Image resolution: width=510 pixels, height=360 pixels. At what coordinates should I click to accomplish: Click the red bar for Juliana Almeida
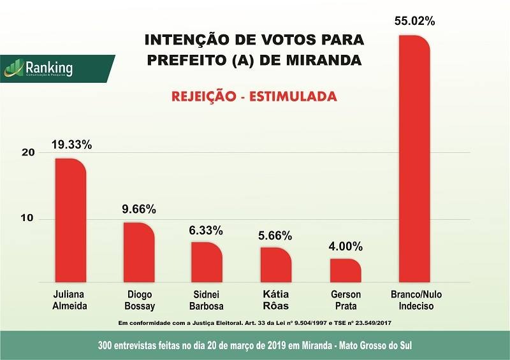tap(69, 220)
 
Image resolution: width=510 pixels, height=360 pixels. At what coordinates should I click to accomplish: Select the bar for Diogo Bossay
tap(138, 252)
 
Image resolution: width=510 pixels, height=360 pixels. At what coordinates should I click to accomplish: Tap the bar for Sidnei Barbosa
tap(207, 262)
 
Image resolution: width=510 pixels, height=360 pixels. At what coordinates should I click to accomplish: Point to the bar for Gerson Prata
tap(345, 270)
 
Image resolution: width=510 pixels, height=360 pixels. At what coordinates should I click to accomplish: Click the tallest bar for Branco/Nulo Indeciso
tap(414, 159)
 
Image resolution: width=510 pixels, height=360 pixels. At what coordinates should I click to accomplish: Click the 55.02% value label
tap(414, 21)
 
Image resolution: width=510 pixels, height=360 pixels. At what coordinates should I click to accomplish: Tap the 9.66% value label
tap(138, 209)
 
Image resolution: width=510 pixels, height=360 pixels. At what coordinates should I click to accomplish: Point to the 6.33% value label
tap(207, 230)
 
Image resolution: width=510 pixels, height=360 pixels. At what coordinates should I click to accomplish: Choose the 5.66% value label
tap(276, 235)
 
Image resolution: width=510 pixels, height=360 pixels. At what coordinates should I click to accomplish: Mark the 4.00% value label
tap(345, 246)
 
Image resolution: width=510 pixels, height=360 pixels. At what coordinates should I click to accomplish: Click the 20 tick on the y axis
tap(27, 152)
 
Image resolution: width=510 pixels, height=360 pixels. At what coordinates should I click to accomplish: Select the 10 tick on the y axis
tap(27, 219)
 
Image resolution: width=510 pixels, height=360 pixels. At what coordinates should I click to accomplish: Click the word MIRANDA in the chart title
tap(323, 61)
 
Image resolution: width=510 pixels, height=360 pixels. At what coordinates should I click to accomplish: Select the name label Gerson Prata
tap(346, 300)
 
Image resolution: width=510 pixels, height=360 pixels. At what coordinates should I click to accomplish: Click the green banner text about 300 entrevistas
tap(255, 345)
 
